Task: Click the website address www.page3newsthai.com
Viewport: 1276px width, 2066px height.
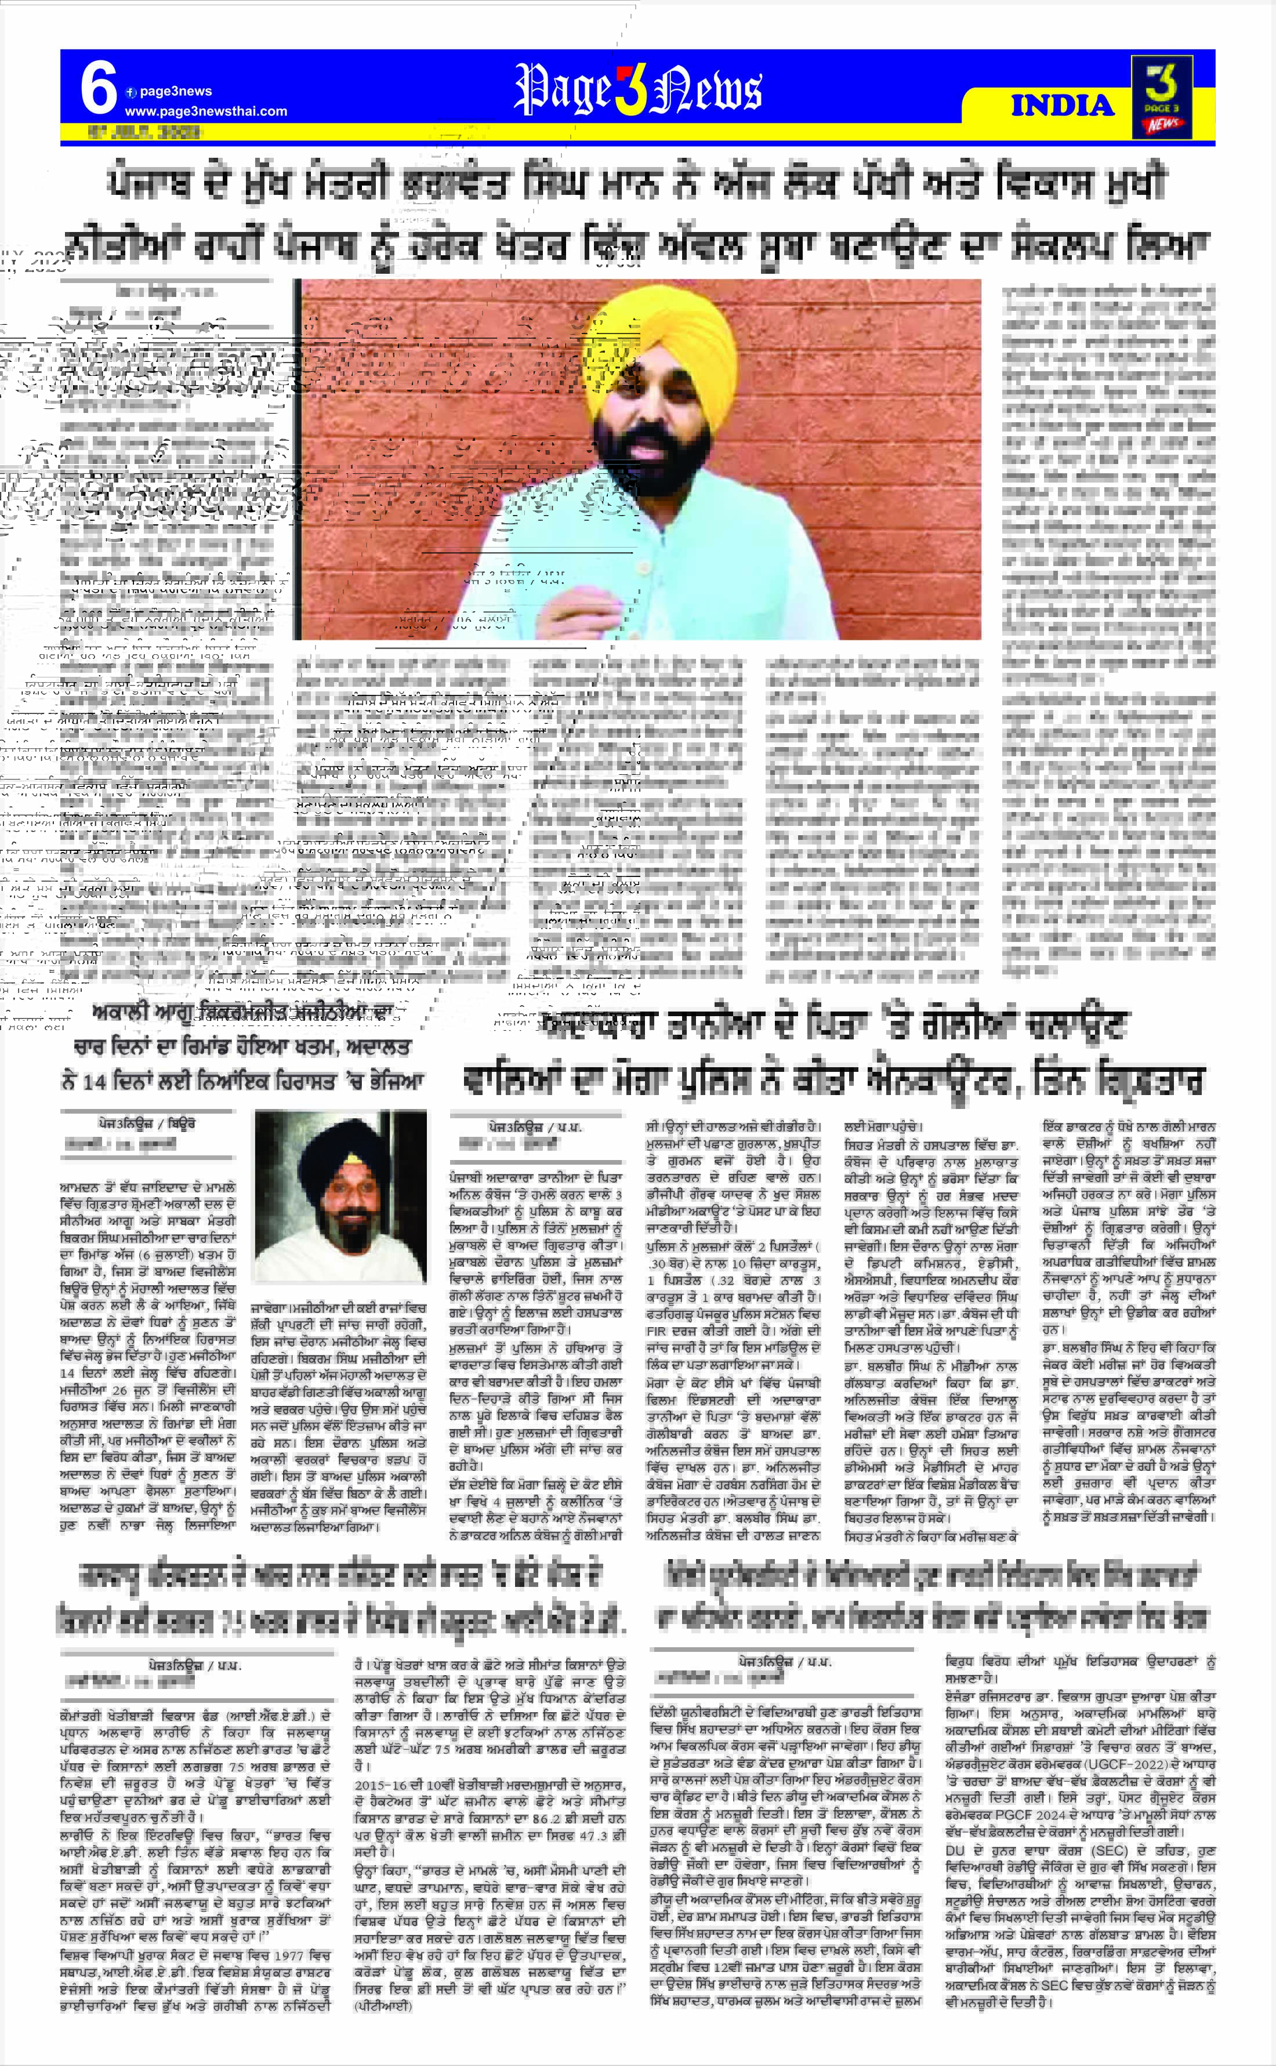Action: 205,111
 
